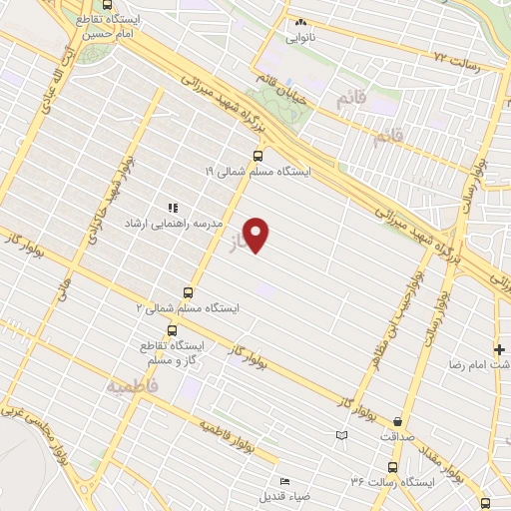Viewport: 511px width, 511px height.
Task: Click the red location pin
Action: pyautogui.click(x=257, y=236)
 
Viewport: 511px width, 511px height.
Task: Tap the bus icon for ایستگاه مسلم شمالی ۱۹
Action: pyautogui.click(x=258, y=156)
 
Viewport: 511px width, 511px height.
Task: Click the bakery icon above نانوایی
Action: pyautogui.click(x=297, y=24)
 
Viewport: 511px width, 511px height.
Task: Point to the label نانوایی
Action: pyautogui.click(x=299, y=39)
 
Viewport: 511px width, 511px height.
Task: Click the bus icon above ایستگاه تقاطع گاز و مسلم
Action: pyautogui.click(x=173, y=330)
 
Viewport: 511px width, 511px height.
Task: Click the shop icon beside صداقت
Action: pyautogui.click(x=398, y=422)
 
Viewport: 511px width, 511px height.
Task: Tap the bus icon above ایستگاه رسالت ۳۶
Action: pyautogui.click(x=391, y=467)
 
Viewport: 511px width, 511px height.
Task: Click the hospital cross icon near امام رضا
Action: pyautogui.click(x=499, y=349)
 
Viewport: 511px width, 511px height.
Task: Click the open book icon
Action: pyautogui.click(x=342, y=435)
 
